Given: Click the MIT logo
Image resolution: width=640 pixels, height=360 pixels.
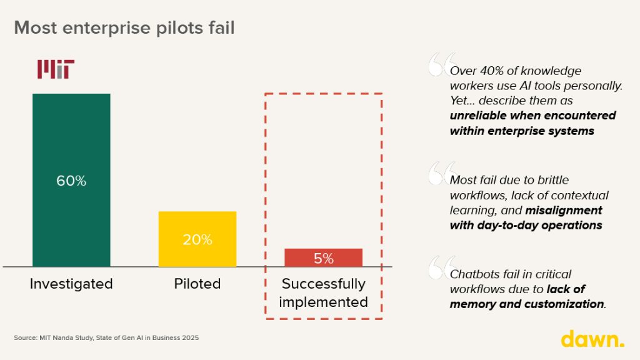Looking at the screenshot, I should (x=56, y=69).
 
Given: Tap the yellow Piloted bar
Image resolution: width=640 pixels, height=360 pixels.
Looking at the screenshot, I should (x=197, y=225).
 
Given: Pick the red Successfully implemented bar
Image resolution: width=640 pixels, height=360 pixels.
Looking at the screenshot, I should (x=323, y=257).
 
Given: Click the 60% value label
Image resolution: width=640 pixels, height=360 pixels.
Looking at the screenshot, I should (x=71, y=181).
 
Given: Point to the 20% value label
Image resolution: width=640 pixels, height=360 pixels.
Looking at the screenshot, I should (x=197, y=239).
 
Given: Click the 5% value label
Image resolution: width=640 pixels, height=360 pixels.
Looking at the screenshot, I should (x=323, y=258).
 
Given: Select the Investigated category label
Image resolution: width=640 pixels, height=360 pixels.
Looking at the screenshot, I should (x=71, y=284).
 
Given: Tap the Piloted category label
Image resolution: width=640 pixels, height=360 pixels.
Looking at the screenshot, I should (x=197, y=284).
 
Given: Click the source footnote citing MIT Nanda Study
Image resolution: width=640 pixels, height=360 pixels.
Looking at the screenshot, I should (x=106, y=338).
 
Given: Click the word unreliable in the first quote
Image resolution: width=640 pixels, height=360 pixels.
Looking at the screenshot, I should (x=482, y=116).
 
